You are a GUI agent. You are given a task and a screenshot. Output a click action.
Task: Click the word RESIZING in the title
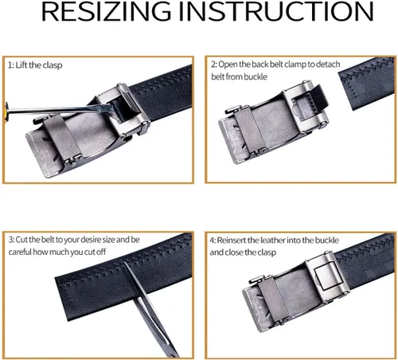(106, 11)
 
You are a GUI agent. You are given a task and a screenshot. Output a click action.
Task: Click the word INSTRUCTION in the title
(276, 11)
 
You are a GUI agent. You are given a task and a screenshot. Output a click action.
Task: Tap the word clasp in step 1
(53, 65)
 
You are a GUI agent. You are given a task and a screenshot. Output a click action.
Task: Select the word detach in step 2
(328, 65)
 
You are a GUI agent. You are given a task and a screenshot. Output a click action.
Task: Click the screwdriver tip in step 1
(111, 108)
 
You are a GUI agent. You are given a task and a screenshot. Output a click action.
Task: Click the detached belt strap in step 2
(367, 83)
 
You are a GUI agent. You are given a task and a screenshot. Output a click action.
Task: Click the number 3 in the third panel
(10, 240)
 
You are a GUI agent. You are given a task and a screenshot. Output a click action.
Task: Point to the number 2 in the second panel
(213, 65)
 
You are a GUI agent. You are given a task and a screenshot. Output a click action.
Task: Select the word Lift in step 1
(21, 65)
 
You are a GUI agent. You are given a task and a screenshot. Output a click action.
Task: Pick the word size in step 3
(108, 240)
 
